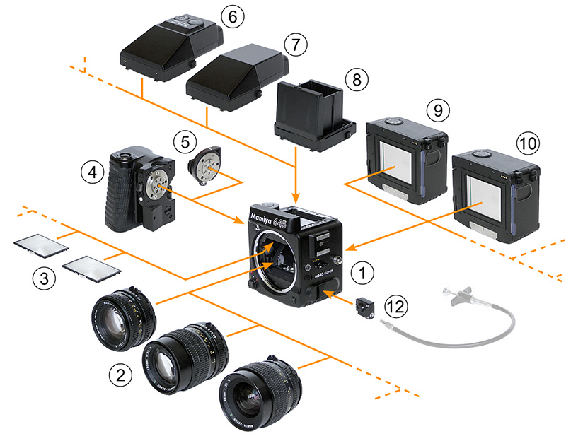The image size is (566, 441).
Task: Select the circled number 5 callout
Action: [x=185, y=141]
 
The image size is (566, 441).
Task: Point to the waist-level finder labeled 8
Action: [x=313, y=116]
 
